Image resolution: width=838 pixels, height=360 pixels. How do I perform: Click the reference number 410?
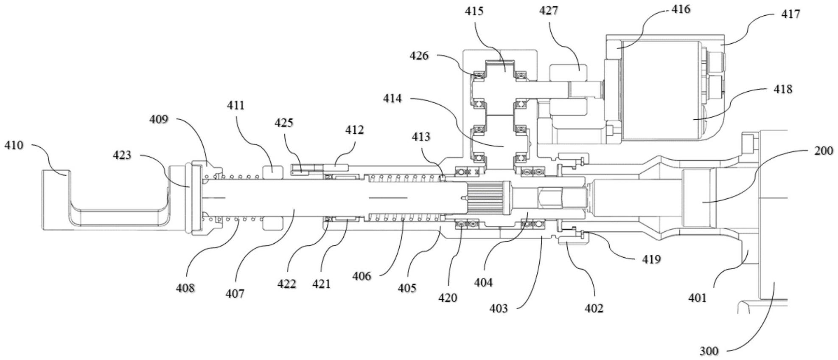[x=14, y=146]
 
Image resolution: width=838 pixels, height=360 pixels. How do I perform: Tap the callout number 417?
[x=790, y=14]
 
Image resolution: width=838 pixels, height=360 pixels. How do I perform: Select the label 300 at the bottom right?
[x=709, y=351]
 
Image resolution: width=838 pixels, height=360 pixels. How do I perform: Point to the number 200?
[x=824, y=151]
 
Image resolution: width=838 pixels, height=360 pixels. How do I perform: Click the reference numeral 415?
[x=474, y=11]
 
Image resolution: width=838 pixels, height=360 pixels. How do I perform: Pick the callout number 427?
[x=548, y=11]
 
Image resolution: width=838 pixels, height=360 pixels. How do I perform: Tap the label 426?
[x=419, y=56]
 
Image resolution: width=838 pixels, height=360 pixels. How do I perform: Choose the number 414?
[x=392, y=98]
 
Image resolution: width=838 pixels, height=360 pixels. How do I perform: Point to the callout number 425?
[x=284, y=123]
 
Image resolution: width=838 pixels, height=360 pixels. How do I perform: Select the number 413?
[x=420, y=137]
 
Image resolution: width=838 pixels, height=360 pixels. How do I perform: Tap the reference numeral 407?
[x=235, y=293]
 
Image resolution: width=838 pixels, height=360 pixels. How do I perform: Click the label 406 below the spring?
[x=362, y=276]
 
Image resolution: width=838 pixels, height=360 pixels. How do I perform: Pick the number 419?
[x=651, y=259]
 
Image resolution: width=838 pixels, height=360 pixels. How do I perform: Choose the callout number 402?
[x=594, y=308]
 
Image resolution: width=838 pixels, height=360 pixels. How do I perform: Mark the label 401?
[x=698, y=298]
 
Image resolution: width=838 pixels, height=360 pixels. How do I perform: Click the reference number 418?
[x=783, y=89]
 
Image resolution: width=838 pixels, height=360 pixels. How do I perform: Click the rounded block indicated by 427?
[x=568, y=73]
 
